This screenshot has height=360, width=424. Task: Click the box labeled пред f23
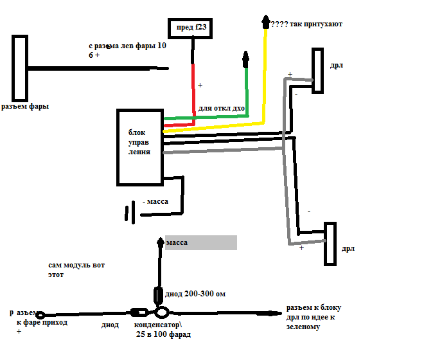click(x=190, y=28)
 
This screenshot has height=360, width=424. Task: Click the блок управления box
click(x=139, y=147)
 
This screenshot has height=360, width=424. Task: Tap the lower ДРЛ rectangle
click(x=330, y=244)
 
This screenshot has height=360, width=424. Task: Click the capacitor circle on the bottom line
click(x=161, y=313)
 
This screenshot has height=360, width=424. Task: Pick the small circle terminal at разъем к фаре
click(x=40, y=315)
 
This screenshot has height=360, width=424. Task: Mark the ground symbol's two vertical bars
click(x=130, y=212)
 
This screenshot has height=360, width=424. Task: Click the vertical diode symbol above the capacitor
click(x=159, y=294)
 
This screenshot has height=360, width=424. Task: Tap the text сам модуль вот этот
click(x=75, y=269)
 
